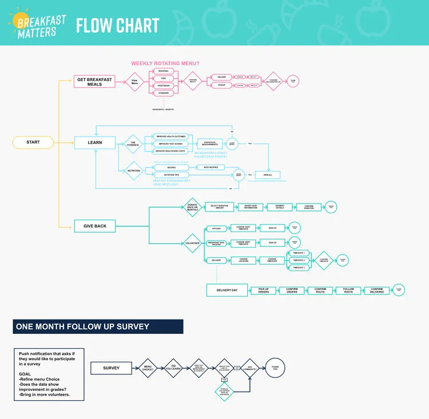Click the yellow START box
click(x=33, y=142)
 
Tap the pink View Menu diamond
click(x=135, y=81)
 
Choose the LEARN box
click(x=95, y=142)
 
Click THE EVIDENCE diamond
click(x=133, y=143)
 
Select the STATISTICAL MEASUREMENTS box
click(x=209, y=143)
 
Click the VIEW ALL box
click(x=271, y=174)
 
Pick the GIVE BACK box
click(x=95, y=226)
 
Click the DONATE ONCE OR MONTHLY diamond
click(x=192, y=207)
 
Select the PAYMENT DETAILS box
click(x=279, y=207)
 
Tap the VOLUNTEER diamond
click(x=192, y=243)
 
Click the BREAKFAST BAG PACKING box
click(x=216, y=243)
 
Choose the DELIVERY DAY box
click(x=227, y=290)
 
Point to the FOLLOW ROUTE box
click(x=348, y=290)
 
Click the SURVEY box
click(x=112, y=368)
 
